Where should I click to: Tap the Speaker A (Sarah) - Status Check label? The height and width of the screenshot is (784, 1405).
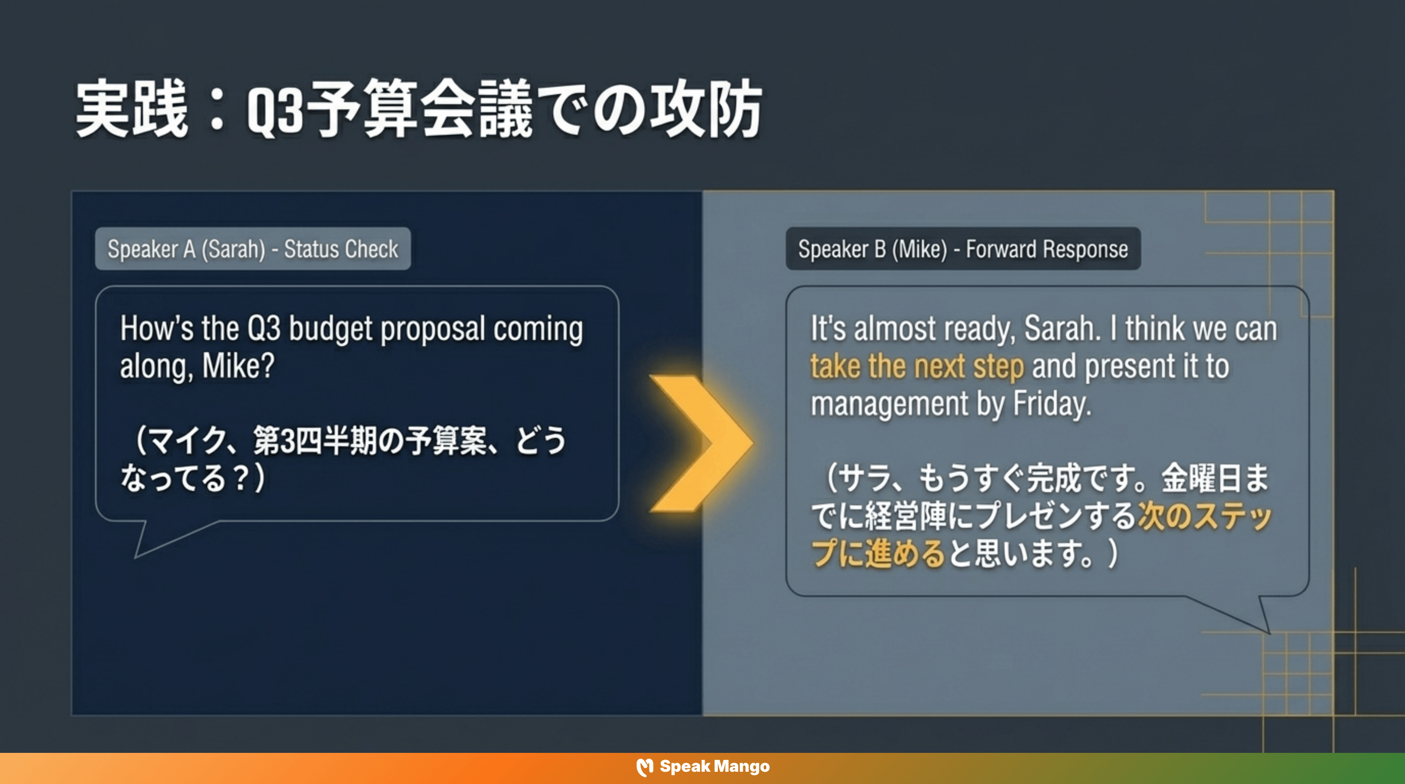pos(253,249)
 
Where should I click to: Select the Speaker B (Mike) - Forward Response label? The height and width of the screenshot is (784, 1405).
pos(963,249)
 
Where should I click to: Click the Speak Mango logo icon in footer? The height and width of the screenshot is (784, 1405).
pos(644,767)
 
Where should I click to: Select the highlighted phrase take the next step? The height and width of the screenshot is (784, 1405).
pos(917,366)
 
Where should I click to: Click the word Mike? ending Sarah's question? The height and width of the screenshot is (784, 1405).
pos(238,366)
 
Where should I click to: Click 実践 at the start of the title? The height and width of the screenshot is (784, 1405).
pos(131,109)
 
